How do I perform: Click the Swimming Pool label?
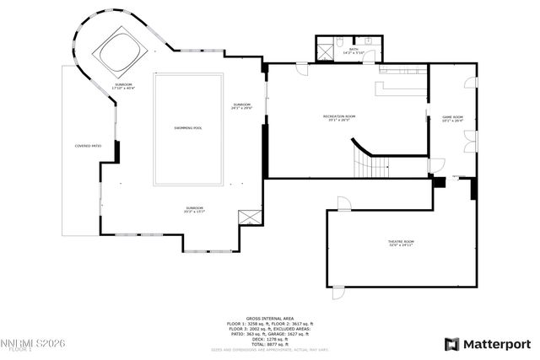click(188, 128)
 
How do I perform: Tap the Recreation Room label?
click(339, 117)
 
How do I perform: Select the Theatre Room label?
click(401, 243)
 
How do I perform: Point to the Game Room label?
click(453, 118)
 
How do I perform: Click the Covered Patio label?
click(89, 146)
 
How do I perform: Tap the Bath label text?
click(354, 51)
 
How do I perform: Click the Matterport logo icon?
click(452, 344)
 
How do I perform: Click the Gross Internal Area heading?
click(270, 317)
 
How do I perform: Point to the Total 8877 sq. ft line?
click(270, 344)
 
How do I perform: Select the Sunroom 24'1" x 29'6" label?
click(242, 106)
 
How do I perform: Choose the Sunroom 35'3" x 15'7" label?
click(195, 209)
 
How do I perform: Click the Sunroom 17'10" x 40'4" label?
click(124, 87)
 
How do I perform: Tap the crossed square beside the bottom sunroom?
click(249, 217)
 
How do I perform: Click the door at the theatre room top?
click(343, 203)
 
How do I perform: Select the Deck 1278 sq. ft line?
click(270, 339)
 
